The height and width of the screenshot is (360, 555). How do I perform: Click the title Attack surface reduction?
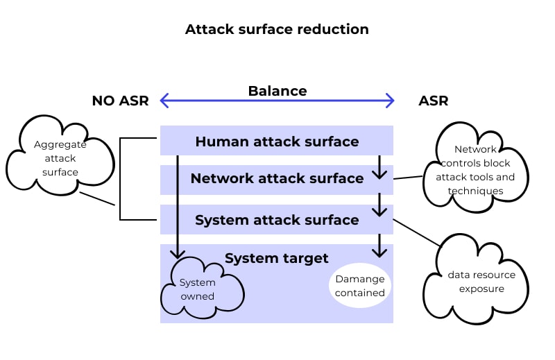pos(277,29)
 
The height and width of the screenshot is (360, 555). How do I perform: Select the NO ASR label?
pos(120,101)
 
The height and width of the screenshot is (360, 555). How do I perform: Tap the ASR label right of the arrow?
pos(433,101)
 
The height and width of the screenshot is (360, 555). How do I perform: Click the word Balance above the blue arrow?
pos(277,91)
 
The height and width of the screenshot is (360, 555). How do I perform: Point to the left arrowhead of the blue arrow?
pos(164,101)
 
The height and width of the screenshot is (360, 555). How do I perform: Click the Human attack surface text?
pos(277,142)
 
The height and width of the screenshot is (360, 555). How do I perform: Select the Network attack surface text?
pos(277,178)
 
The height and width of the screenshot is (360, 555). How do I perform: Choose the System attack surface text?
pos(277,220)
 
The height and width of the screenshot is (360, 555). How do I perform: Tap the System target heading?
pos(276,258)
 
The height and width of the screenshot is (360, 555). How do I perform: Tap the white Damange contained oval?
pos(359,285)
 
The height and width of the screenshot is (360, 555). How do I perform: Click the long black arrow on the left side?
pos(178,208)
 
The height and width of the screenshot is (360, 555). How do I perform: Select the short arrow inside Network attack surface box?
pos(379,167)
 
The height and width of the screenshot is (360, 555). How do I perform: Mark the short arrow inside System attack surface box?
pos(379,205)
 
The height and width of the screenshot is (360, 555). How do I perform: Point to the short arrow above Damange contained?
pos(379,245)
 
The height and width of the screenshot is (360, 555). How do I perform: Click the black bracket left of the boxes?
pos(121,179)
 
